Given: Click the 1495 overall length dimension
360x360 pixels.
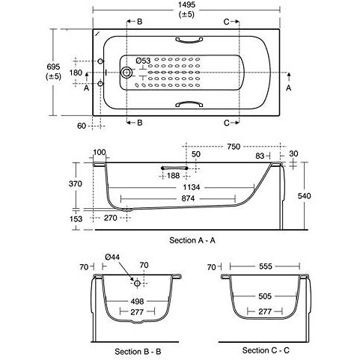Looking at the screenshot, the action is tap(186, 5).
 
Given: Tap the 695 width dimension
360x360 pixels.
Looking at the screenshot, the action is tap(53, 67).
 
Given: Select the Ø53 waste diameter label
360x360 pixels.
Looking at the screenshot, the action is tap(143, 61).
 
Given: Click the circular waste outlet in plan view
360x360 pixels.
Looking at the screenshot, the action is tap(126, 73).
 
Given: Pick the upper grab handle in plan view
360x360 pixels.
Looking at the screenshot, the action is tap(189, 40).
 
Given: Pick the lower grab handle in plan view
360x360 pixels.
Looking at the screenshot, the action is tap(189, 103).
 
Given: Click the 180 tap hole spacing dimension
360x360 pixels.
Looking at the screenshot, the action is tap(76, 73).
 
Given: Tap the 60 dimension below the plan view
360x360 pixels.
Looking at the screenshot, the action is tap(82, 126).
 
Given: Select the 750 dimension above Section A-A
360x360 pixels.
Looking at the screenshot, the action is tap(234, 147).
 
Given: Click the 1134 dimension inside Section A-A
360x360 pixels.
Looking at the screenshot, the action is tap(192, 187).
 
